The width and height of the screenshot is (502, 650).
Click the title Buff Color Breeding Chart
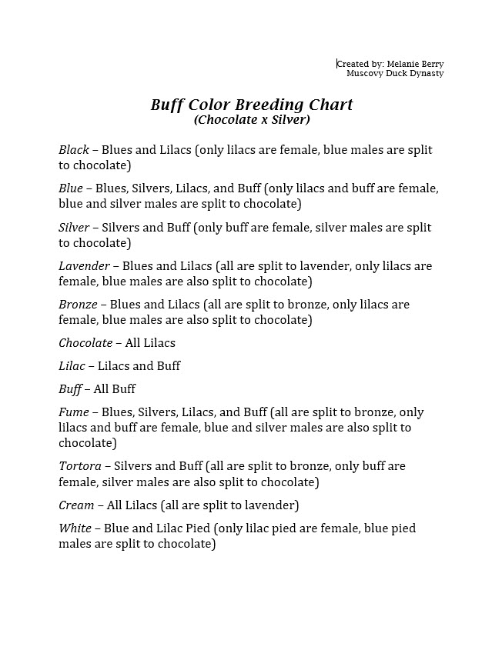(x=251, y=105)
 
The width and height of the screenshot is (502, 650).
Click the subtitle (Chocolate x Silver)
(x=252, y=120)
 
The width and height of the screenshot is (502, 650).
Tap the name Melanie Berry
(x=415, y=64)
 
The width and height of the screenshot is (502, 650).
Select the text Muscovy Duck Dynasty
(x=395, y=74)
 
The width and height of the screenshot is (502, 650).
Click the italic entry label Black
(x=74, y=150)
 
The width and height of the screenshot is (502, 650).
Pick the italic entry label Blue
(x=71, y=188)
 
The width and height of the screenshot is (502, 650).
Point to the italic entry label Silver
(x=74, y=228)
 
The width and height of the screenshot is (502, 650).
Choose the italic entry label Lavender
(x=84, y=266)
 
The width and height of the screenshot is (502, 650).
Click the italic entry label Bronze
(x=78, y=305)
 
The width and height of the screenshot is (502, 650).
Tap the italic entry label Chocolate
(x=85, y=343)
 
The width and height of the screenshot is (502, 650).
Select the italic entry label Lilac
(x=72, y=366)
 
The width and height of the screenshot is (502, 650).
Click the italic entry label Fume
(x=73, y=412)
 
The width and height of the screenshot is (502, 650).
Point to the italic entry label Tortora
(x=80, y=466)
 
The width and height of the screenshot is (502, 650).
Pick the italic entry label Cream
(x=76, y=505)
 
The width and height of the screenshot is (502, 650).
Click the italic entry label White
(x=75, y=528)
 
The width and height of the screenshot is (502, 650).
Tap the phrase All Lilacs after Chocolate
(x=150, y=343)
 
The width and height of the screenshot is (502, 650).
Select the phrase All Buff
(x=115, y=389)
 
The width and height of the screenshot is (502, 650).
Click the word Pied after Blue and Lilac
(x=196, y=528)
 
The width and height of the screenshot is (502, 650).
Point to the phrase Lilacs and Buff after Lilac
(x=139, y=366)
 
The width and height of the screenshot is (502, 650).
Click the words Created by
(x=359, y=64)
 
